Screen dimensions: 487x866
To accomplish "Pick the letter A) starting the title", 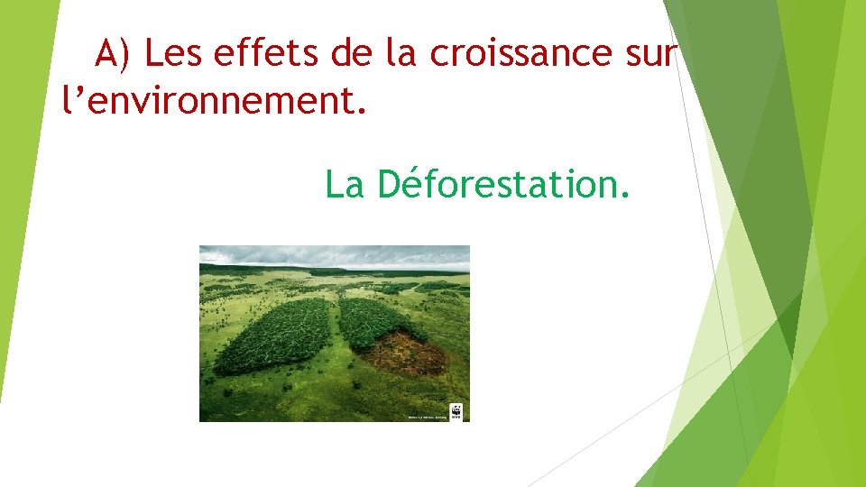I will (115, 54).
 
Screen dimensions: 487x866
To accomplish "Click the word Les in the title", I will (174, 54).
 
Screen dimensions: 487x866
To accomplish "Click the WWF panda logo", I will (456, 412).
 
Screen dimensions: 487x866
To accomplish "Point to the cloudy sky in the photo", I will (334, 255).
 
